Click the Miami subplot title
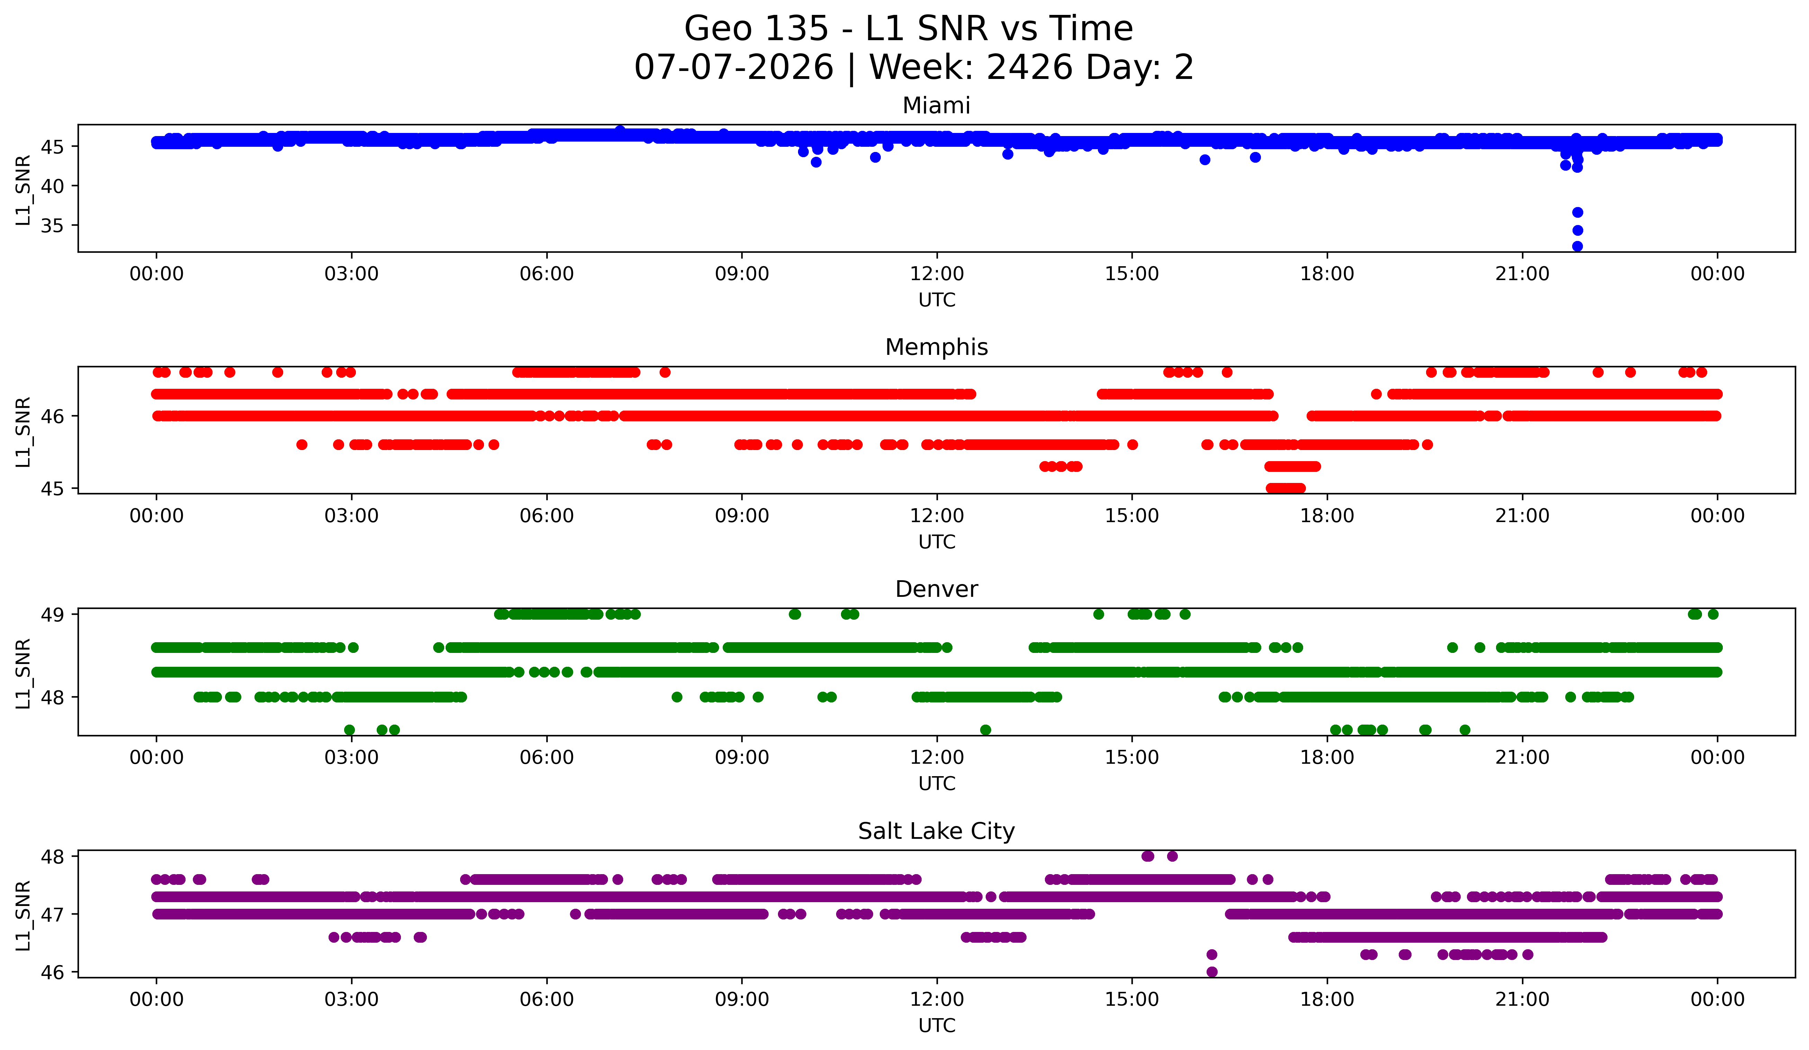936,106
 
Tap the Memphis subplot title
936,347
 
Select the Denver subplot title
936,589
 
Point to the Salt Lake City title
936,831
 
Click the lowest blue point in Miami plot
1577,246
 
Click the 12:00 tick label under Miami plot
937,274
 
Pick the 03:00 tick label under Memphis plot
352,516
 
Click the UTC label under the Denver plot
937,784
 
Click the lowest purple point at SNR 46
1212,972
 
